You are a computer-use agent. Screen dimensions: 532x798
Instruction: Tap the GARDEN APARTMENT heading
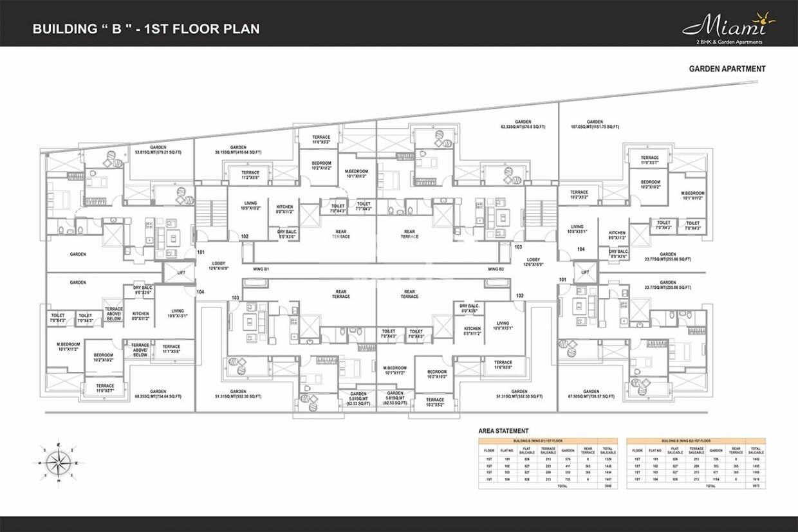click(727, 69)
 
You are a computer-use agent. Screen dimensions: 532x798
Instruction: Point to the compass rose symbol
click(58, 460)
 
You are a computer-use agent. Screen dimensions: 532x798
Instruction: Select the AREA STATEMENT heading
click(503, 431)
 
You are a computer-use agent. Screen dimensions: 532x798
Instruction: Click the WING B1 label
click(261, 268)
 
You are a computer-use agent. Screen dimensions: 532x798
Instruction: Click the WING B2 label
click(496, 268)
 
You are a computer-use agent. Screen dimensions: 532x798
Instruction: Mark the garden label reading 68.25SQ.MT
click(158, 394)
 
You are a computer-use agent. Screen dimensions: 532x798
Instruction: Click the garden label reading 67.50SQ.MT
click(591, 394)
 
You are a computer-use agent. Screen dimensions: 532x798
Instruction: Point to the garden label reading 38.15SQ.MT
click(238, 150)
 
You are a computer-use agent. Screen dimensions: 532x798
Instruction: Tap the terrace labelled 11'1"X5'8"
click(171, 349)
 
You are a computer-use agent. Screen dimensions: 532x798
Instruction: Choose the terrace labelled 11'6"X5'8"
click(503, 365)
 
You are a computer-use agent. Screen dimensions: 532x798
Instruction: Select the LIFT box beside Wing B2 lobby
click(584, 273)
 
